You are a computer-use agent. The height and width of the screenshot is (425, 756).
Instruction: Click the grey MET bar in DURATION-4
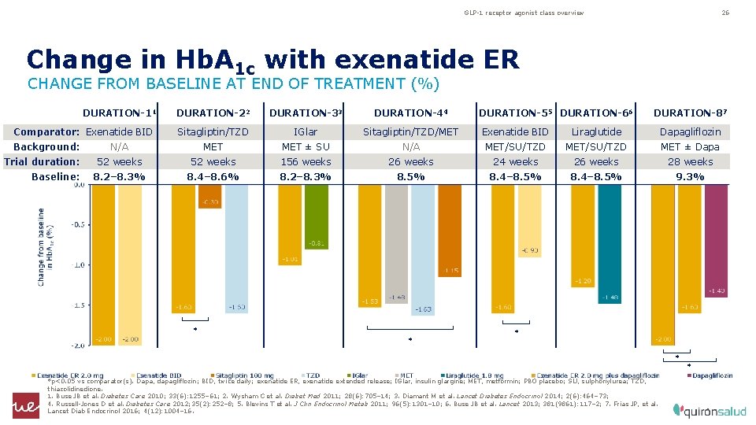pos(396,244)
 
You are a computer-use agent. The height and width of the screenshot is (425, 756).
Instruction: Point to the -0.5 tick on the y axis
pos(77,224)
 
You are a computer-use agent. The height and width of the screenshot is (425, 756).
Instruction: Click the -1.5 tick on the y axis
pos(77,305)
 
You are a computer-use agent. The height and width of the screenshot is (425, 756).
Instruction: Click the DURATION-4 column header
pos(410,113)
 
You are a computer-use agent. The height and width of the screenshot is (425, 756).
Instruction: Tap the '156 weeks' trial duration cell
pos(306,161)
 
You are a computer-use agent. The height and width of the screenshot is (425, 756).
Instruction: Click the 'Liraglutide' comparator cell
pos(596,131)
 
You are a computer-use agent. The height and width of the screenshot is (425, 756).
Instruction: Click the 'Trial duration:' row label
pos(42,161)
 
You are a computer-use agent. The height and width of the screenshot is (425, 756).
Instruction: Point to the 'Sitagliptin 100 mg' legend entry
pos(244,376)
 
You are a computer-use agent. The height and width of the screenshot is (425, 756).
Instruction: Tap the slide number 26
pos(726,13)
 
